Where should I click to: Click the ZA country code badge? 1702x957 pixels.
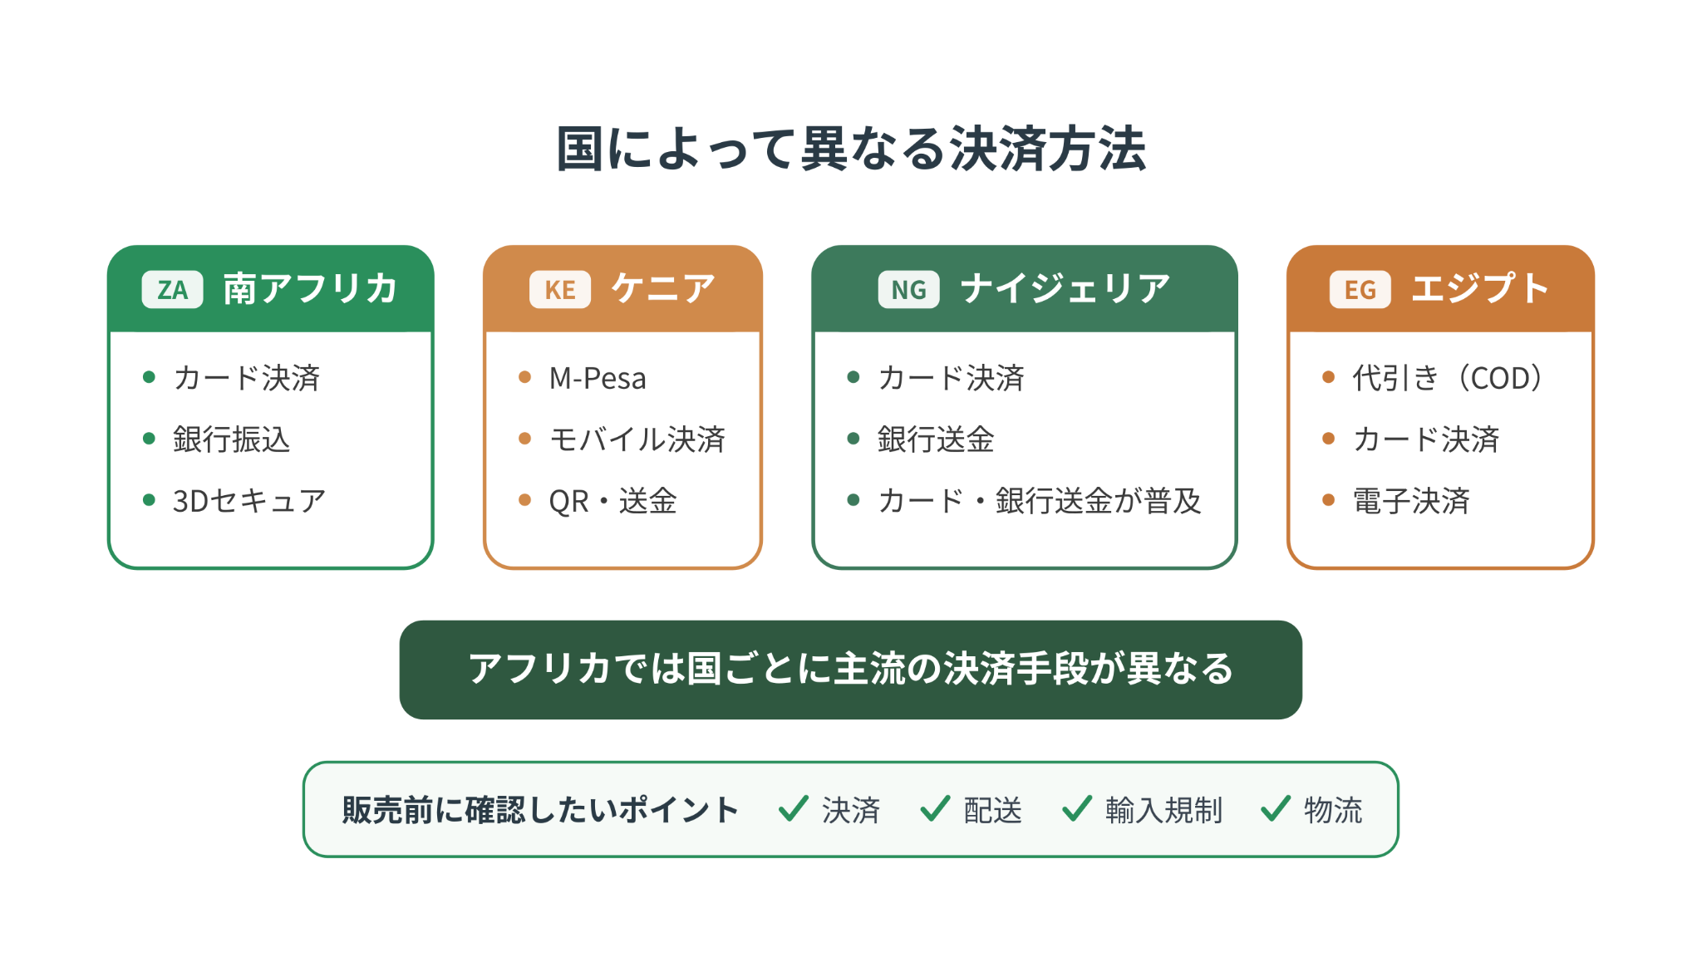(172, 290)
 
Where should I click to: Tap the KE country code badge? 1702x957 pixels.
(560, 290)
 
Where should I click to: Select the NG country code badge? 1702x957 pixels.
(908, 290)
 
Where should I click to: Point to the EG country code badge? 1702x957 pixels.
(1360, 290)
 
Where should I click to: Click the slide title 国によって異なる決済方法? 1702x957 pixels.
(851, 150)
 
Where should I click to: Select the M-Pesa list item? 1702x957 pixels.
(598, 378)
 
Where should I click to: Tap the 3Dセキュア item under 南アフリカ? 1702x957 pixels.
(248, 501)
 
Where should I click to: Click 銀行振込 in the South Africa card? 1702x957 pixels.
(231, 439)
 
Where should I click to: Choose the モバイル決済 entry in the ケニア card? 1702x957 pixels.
(637, 439)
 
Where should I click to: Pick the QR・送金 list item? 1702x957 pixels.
(613, 501)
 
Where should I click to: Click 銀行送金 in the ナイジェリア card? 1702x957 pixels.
(936, 439)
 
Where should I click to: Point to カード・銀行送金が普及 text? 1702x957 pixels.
(1040, 501)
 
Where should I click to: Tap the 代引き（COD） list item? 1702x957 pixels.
(1449, 378)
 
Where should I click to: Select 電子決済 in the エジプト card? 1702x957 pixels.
(1411, 501)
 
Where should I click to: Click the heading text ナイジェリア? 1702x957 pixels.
(1065, 289)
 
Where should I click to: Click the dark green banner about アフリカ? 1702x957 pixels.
(851, 670)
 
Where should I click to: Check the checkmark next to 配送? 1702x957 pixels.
(935, 808)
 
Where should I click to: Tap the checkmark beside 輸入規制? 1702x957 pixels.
(1077, 808)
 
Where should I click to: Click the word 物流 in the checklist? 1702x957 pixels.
(1333, 810)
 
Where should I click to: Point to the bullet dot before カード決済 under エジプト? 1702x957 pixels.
(1328, 439)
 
